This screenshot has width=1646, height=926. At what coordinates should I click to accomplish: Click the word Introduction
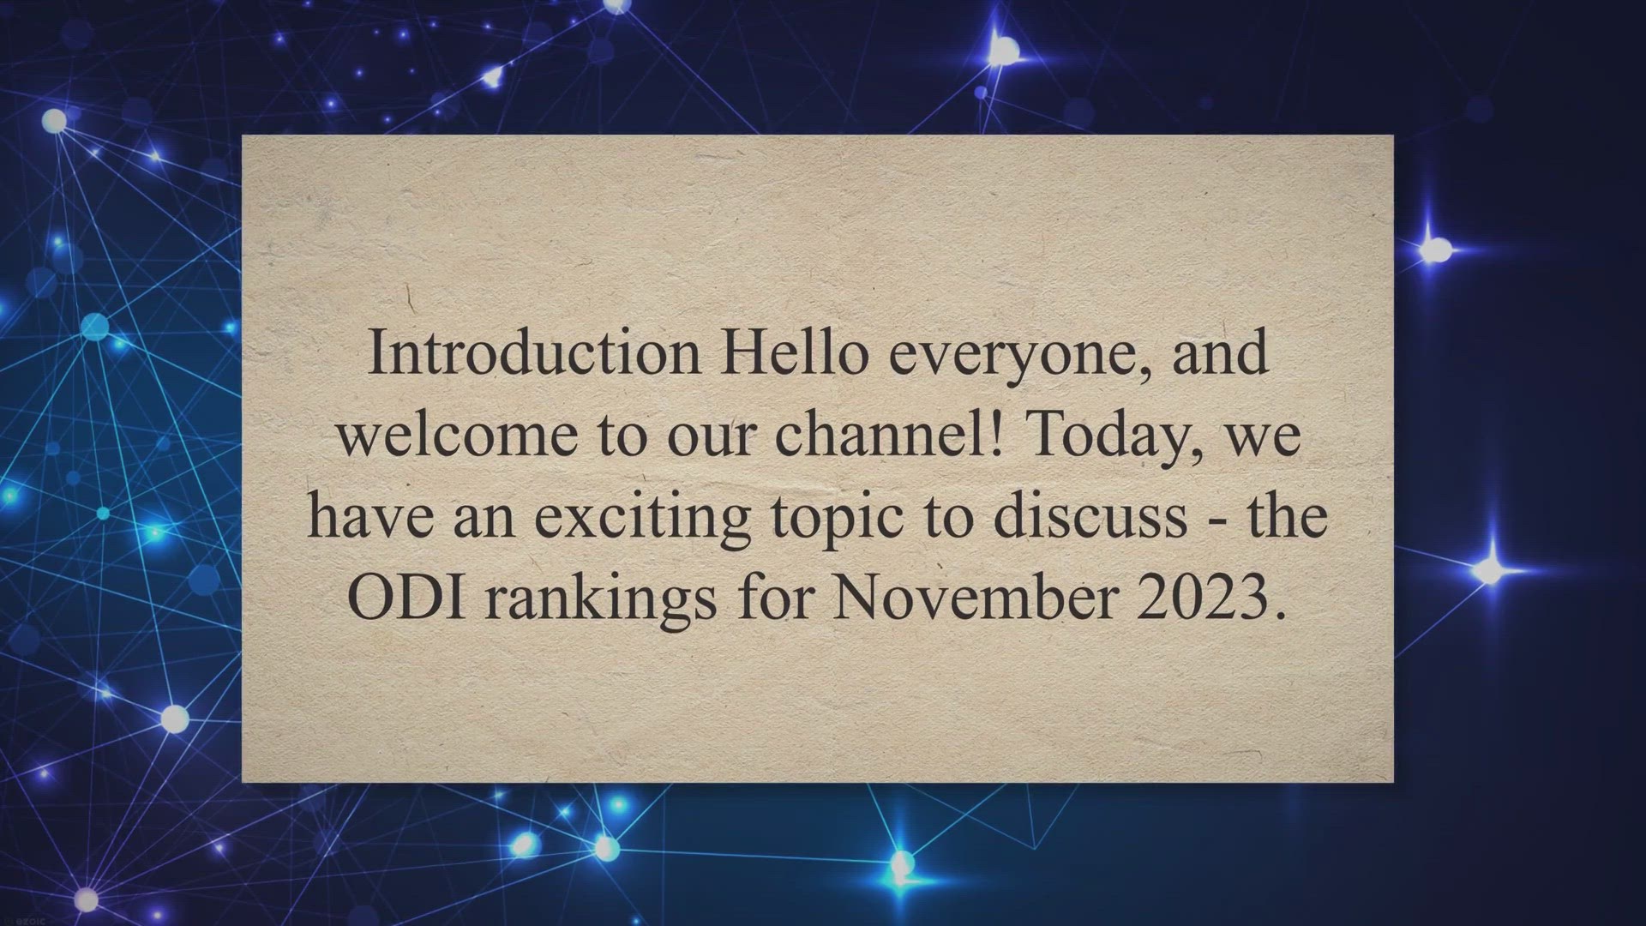click(534, 352)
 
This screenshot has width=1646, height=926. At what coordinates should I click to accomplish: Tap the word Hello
click(793, 352)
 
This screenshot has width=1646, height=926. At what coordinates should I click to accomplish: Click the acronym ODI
click(407, 598)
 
